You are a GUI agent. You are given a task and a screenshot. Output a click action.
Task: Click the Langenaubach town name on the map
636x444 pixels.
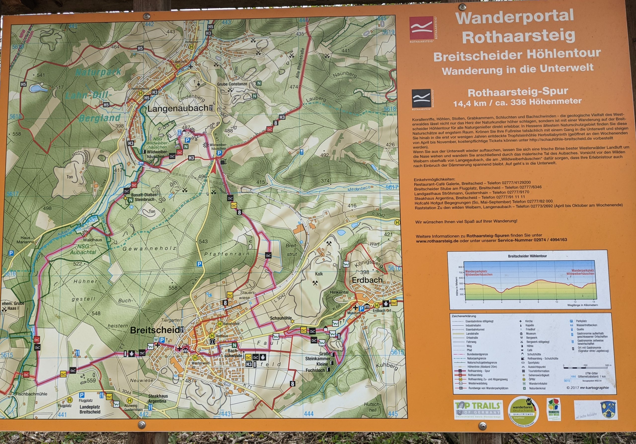[x=177, y=109]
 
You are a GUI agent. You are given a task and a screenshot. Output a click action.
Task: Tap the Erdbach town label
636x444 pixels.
[x=367, y=280]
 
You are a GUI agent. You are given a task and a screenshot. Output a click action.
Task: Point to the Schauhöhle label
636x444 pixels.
[x=280, y=318]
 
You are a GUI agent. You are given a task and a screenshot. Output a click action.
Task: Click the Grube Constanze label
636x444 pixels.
[x=232, y=84]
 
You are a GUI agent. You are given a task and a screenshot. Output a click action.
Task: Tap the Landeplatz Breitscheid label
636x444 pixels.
[x=90, y=409]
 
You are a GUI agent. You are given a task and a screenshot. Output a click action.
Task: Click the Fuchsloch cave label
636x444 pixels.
[x=315, y=370]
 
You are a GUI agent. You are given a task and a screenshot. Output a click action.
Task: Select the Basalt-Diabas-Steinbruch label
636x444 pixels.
[x=144, y=197]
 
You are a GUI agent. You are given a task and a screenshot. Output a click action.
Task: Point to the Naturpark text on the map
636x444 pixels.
[x=98, y=72]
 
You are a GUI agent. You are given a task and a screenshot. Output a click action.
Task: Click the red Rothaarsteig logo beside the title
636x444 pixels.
[x=421, y=28]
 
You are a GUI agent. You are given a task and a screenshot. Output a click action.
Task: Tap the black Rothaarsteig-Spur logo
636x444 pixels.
[x=421, y=98]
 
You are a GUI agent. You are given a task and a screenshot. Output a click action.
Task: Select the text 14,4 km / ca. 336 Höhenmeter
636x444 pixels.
[x=517, y=102]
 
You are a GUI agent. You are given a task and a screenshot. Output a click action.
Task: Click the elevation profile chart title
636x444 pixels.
[x=527, y=256]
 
